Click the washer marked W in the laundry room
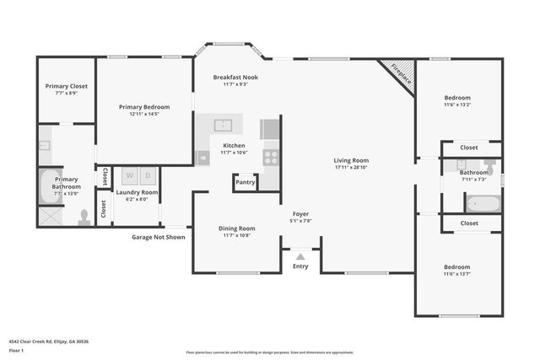130,176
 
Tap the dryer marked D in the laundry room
148,176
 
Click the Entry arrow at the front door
300,256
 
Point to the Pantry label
245,182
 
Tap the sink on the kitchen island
224,126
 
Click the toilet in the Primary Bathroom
84,218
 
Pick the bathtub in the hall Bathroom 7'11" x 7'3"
484,203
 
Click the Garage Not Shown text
159,237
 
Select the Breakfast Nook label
235,77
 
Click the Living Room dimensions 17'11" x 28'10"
351,168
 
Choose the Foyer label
301,214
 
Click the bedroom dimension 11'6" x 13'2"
457,105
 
